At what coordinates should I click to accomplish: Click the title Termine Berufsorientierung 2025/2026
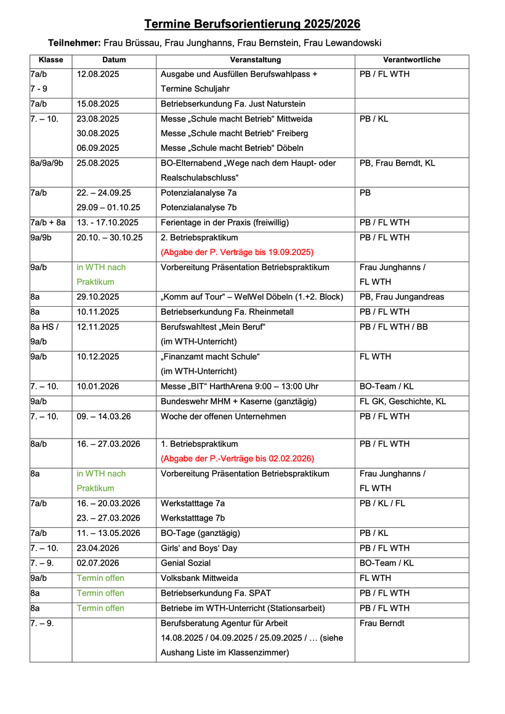click(x=252, y=24)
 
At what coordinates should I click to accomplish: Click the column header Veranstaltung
click(x=255, y=60)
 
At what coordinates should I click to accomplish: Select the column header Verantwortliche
click(x=411, y=60)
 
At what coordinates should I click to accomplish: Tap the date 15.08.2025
click(x=98, y=104)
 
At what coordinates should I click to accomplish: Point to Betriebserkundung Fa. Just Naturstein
click(x=233, y=104)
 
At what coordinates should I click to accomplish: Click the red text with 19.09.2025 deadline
click(x=237, y=252)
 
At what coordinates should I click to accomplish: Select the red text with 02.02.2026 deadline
click(x=237, y=458)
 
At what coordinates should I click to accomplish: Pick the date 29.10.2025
click(x=98, y=297)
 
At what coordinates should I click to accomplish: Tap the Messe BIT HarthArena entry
click(x=240, y=386)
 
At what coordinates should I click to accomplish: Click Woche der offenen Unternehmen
click(x=224, y=416)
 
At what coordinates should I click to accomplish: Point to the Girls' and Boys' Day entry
click(x=199, y=548)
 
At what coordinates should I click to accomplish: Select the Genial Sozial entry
click(x=185, y=563)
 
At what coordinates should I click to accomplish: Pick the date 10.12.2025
click(x=98, y=357)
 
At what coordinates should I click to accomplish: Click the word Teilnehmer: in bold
click(x=74, y=43)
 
